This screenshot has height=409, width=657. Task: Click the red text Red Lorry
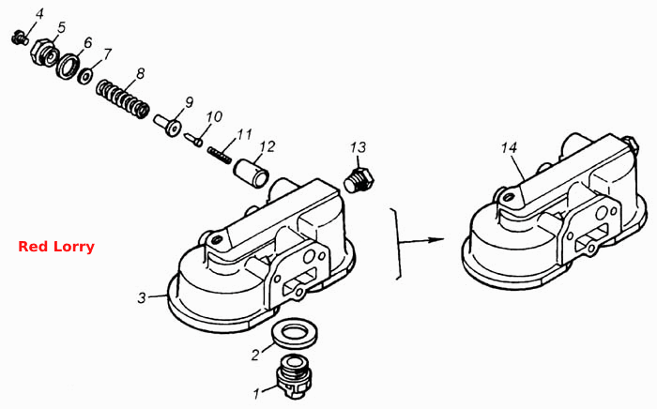point(56,247)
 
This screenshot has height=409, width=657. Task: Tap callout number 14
point(509,148)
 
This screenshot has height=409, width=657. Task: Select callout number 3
point(142,298)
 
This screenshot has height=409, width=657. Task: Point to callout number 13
point(359,147)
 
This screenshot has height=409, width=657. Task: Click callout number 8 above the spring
point(141,74)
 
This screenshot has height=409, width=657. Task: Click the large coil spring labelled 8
point(122,99)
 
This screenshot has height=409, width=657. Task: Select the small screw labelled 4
point(19,38)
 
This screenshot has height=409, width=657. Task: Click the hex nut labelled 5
point(44,53)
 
